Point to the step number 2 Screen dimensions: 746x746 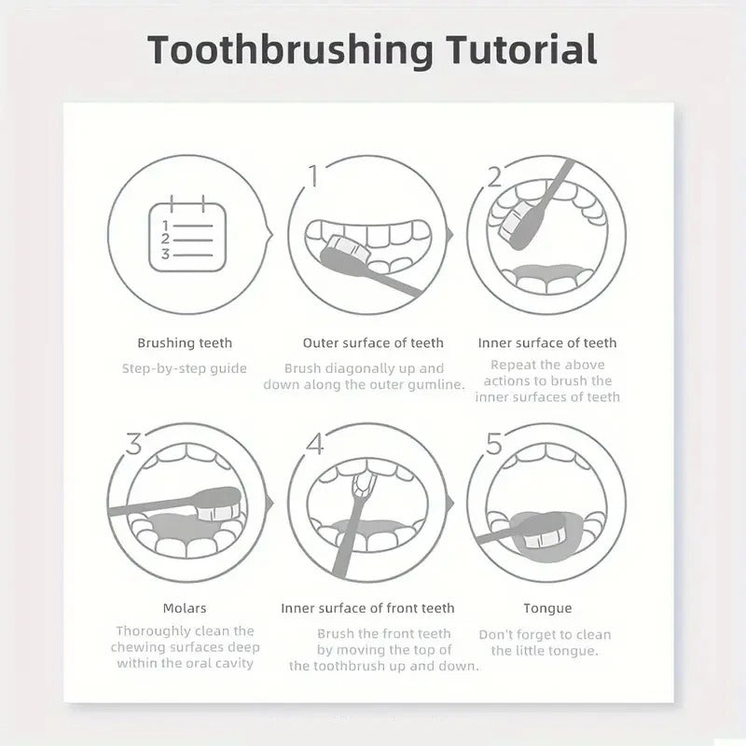495,174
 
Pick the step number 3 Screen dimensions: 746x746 133,444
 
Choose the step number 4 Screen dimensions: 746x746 314,444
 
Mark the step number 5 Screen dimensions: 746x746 494,444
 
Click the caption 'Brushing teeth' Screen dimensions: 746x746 185,343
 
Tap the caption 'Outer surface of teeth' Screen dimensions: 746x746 373,343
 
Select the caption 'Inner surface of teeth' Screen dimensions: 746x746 547,343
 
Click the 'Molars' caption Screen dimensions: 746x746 185,608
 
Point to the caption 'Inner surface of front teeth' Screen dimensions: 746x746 367,608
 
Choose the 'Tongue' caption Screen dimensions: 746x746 547,608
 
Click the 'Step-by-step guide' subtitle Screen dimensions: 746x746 185,368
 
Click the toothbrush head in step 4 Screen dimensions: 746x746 362,482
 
